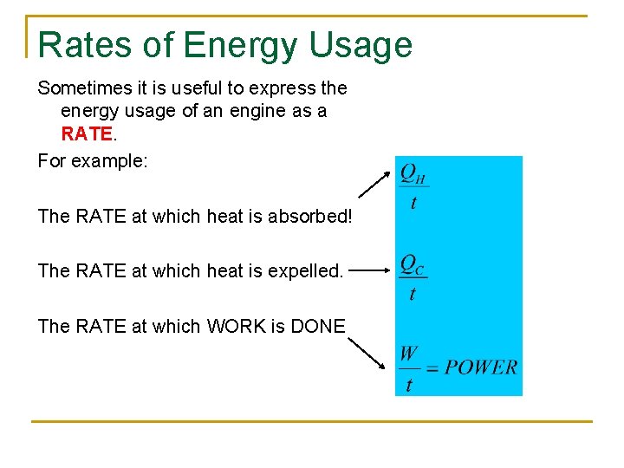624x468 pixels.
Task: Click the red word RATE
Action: point(86,134)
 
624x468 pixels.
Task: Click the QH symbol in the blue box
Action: point(413,174)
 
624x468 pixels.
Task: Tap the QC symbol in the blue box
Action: point(413,264)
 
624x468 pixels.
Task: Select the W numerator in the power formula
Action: point(408,354)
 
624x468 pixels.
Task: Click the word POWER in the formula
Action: point(481,367)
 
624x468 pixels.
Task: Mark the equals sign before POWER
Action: point(432,367)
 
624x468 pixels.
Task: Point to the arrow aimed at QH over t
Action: point(374,185)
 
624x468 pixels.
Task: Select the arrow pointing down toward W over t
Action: point(367,352)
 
